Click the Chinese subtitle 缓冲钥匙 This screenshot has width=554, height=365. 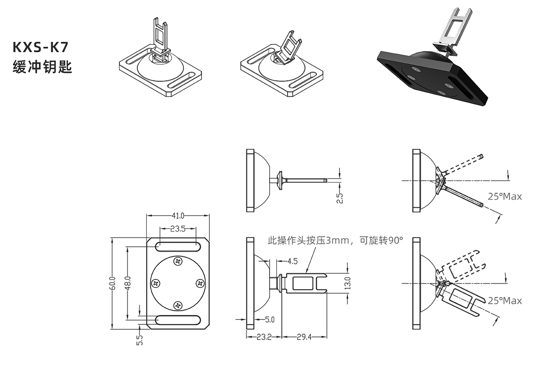[x=42, y=67]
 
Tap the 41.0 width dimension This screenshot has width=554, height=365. [x=178, y=216]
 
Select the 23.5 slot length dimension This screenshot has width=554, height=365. [x=178, y=229]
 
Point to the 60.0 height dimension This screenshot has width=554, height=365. [x=112, y=283]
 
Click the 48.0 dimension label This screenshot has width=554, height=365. [x=128, y=283]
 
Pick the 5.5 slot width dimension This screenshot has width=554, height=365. [x=140, y=340]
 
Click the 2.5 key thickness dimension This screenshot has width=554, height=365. [x=340, y=198]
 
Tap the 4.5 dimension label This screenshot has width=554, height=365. [x=292, y=261]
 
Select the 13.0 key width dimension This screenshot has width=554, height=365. [x=348, y=283]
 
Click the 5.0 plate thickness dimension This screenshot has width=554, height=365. [x=269, y=319]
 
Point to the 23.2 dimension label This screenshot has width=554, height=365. [x=264, y=337]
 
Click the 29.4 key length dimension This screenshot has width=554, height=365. [x=304, y=337]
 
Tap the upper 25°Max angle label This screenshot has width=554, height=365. [x=505, y=197]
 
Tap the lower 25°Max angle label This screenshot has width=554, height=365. [x=505, y=301]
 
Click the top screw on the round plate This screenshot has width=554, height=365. [x=178, y=261]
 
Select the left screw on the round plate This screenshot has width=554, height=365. [x=156, y=283]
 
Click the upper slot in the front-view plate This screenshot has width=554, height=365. [x=178, y=246]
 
